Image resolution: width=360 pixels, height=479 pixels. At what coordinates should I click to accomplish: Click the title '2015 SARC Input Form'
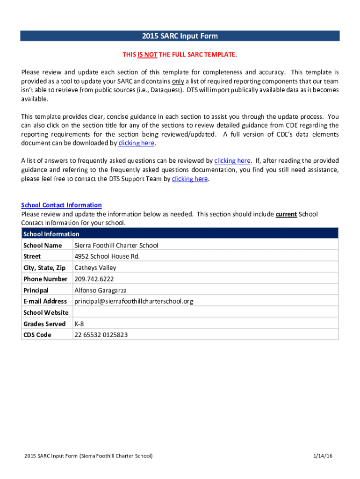click(180, 36)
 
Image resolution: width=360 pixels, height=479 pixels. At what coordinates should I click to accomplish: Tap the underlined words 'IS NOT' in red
click(147, 55)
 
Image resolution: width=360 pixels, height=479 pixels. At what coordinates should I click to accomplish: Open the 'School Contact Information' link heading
click(61, 205)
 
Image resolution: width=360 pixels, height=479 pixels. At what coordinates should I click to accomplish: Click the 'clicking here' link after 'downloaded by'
click(136, 143)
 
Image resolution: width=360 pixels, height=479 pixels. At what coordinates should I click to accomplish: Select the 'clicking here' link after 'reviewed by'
click(232, 160)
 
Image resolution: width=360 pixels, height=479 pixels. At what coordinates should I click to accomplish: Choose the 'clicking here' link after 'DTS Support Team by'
click(190, 179)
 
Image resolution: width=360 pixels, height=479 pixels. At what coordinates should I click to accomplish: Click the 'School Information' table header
click(51, 234)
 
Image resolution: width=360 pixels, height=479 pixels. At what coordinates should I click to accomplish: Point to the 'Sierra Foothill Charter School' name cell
click(116, 245)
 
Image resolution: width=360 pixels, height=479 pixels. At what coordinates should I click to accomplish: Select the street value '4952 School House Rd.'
click(107, 256)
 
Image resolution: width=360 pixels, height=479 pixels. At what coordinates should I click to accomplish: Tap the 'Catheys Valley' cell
click(95, 268)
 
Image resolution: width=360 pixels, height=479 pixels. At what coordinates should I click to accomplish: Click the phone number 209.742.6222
click(94, 279)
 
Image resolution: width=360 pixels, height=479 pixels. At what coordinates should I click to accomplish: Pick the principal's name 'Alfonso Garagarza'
click(101, 290)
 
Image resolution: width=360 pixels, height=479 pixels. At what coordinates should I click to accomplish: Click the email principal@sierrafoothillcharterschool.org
click(134, 301)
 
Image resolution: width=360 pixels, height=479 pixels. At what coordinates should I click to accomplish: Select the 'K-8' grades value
click(79, 324)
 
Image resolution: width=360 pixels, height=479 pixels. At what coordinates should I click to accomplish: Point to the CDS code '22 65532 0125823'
click(101, 335)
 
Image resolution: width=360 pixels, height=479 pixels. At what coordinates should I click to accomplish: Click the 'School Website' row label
click(46, 312)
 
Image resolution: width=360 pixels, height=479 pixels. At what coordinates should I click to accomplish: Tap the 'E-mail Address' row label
click(45, 301)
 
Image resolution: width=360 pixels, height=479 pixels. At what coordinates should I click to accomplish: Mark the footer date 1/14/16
click(324, 456)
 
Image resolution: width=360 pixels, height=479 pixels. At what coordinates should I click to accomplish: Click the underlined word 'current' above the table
click(286, 214)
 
